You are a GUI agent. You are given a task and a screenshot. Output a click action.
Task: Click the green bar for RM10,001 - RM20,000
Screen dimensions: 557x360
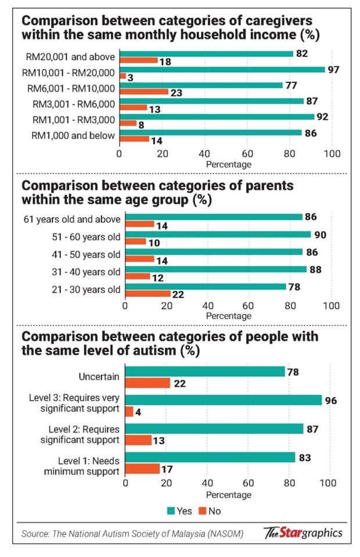[222, 70]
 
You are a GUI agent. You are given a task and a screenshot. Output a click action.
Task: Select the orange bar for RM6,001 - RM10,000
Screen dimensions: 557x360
[143, 92]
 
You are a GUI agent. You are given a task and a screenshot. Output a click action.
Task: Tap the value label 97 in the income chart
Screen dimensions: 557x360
[333, 70]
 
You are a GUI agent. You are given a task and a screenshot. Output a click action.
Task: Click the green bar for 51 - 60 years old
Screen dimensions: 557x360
[218, 235]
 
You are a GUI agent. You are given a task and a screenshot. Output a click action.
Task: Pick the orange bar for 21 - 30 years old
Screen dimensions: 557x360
[147, 294]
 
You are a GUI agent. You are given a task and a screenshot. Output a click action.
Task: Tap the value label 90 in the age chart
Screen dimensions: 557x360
[319, 235]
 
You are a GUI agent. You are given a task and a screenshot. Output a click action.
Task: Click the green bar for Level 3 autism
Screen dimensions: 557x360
[224, 400]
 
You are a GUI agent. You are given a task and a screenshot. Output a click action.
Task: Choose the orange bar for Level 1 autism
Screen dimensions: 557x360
[142, 468]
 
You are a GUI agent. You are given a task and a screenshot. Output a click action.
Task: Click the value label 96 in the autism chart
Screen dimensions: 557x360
[331, 400]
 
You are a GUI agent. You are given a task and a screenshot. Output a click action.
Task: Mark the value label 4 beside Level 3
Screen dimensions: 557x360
[138, 411]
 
